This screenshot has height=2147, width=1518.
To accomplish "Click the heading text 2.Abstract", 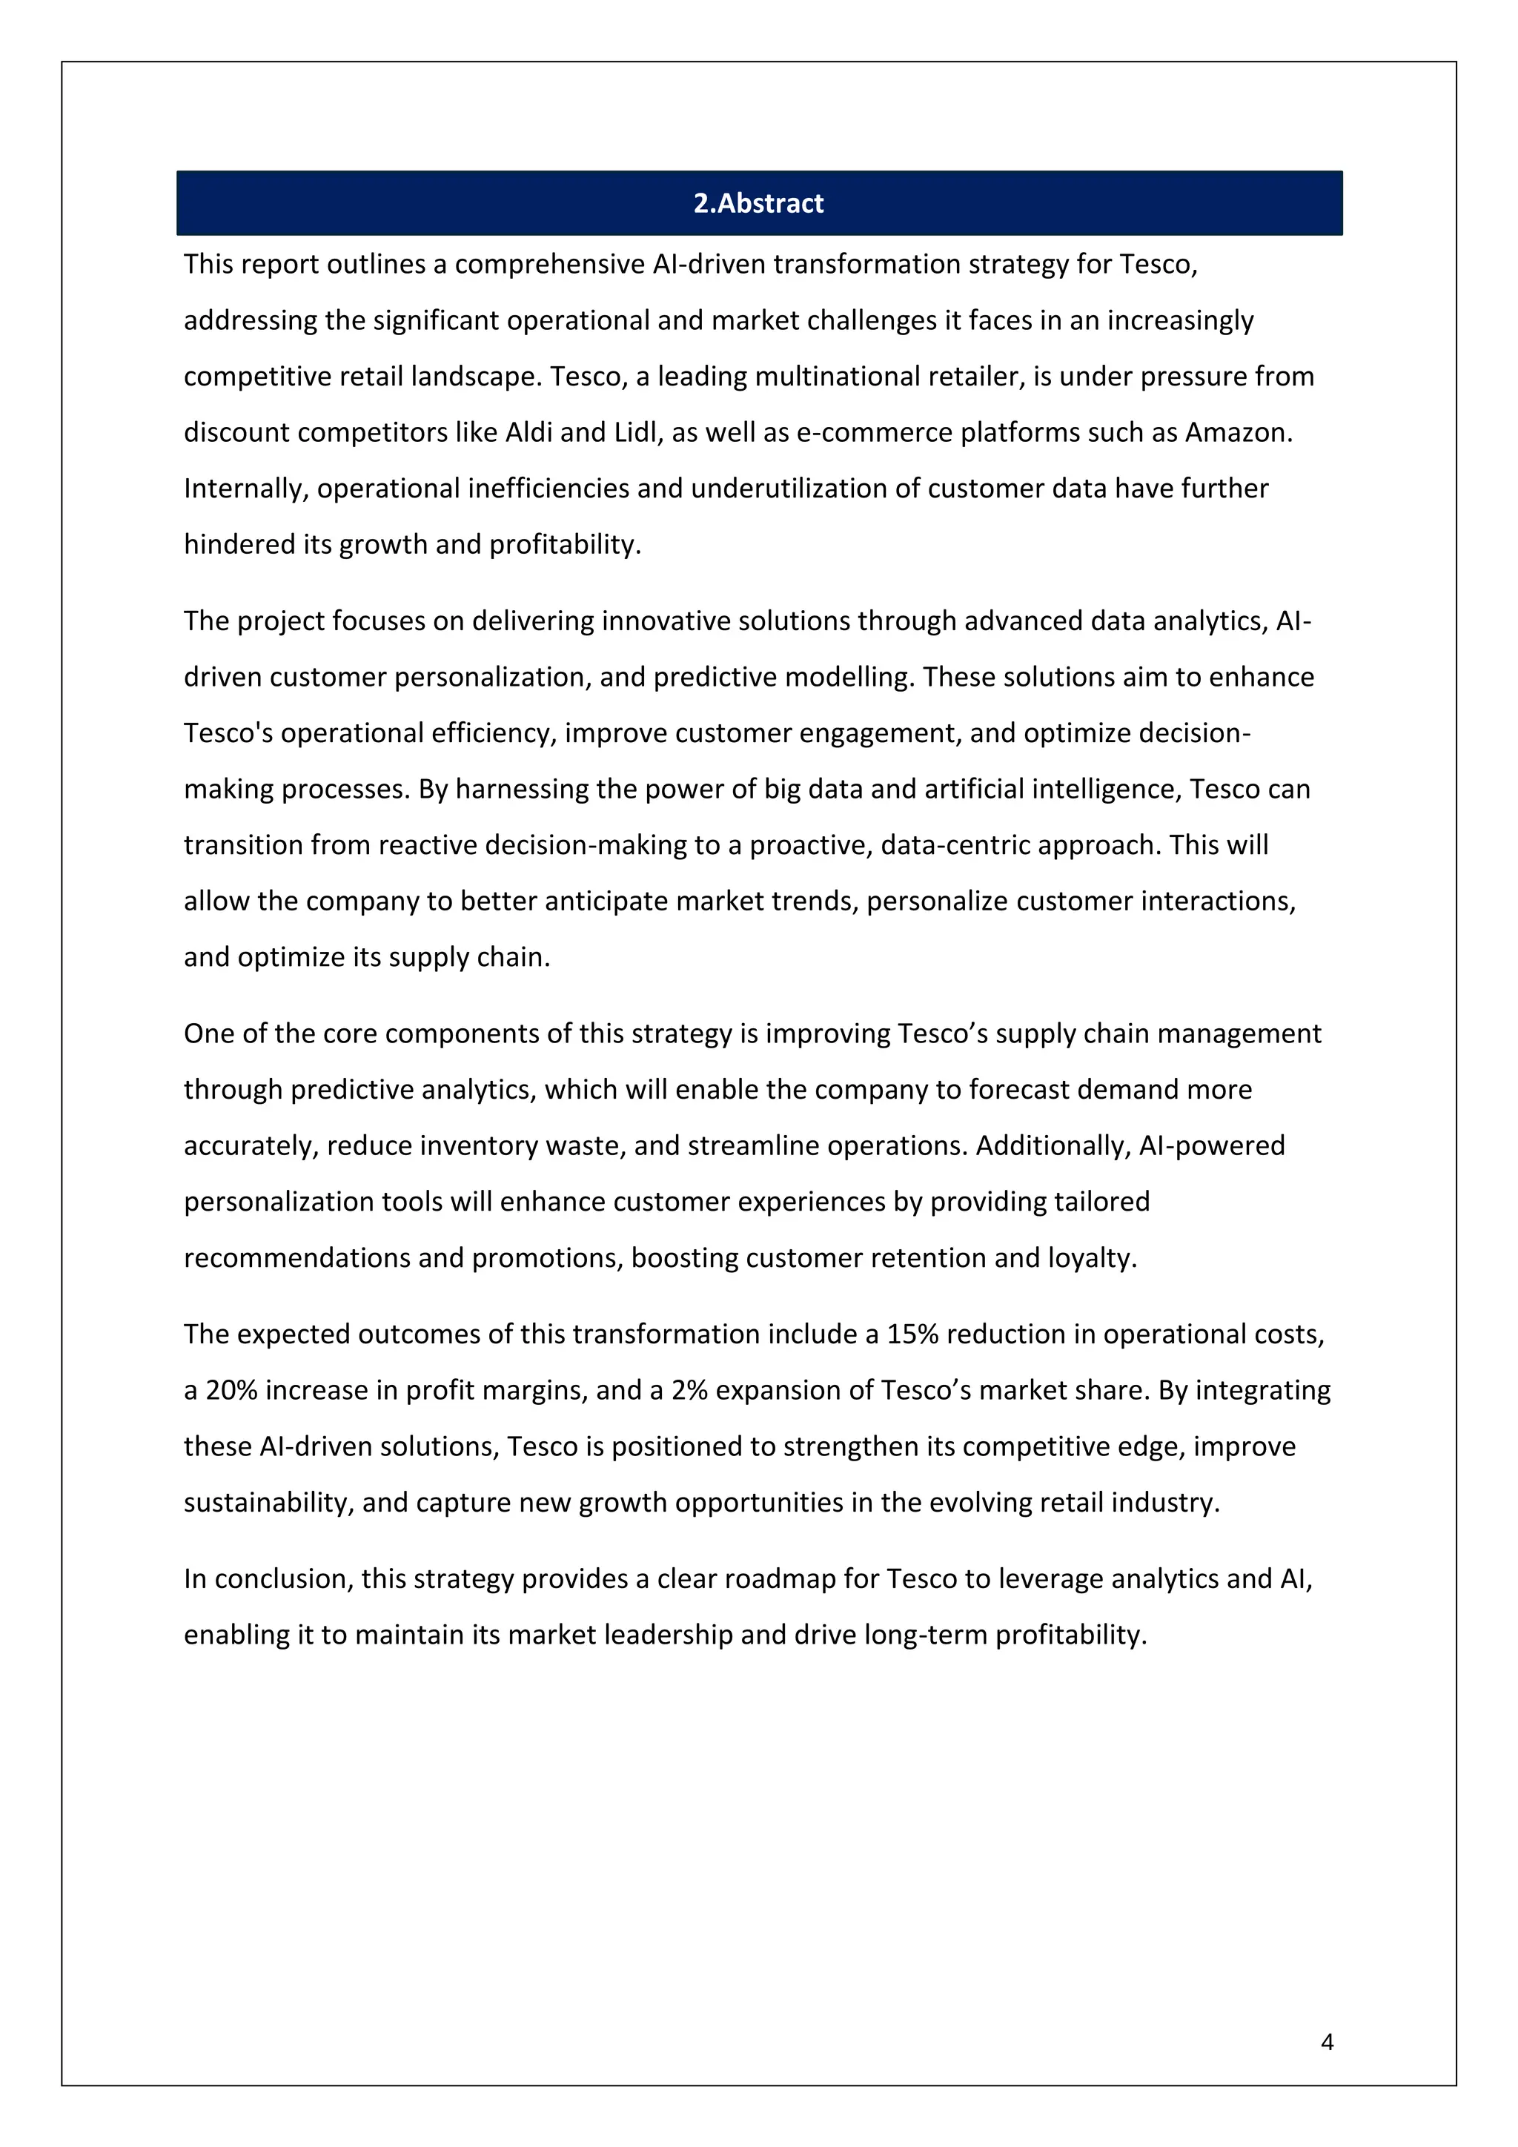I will tap(758, 203).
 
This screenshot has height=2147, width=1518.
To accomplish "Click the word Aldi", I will tap(529, 433).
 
